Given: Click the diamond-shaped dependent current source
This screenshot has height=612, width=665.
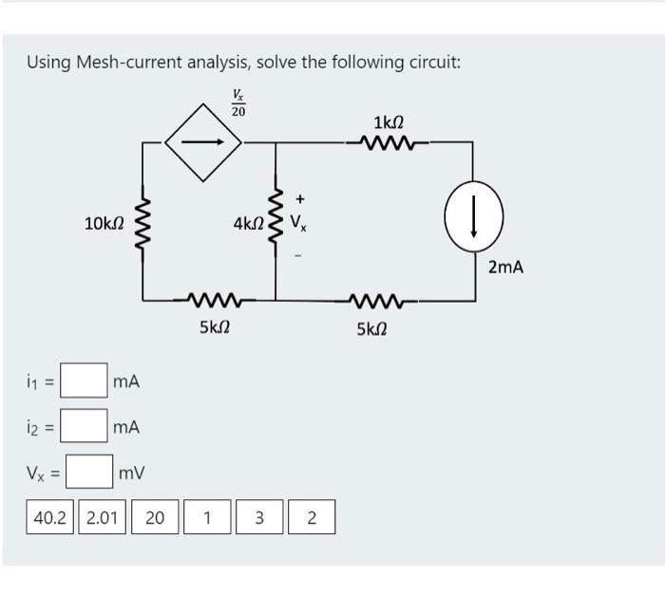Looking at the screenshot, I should (203, 143).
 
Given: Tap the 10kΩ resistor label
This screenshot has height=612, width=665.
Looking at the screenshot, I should (104, 224).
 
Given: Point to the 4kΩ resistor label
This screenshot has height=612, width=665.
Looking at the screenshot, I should (249, 225).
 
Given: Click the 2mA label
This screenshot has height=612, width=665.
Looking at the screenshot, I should (505, 268).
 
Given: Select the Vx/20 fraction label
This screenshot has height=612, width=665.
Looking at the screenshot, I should (237, 102).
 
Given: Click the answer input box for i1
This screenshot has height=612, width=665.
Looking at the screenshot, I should (85, 381).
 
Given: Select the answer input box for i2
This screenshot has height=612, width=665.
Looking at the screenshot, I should (85, 426).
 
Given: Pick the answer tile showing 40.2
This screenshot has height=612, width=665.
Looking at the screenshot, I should (52, 518).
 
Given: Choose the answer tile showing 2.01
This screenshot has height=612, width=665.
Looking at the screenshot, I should (104, 518).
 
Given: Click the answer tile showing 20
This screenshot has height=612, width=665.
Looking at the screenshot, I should (155, 518).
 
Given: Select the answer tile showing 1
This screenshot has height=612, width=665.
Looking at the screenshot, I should (206, 518).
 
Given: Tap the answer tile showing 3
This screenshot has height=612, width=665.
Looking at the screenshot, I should (257, 518).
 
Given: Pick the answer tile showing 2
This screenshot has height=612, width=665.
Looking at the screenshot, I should (311, 518).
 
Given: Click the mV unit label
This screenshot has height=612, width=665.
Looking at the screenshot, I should (133, 471).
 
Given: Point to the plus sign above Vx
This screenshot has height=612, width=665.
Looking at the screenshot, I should (300, 199).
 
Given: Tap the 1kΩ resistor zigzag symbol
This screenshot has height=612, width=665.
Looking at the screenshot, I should (389, 143).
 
